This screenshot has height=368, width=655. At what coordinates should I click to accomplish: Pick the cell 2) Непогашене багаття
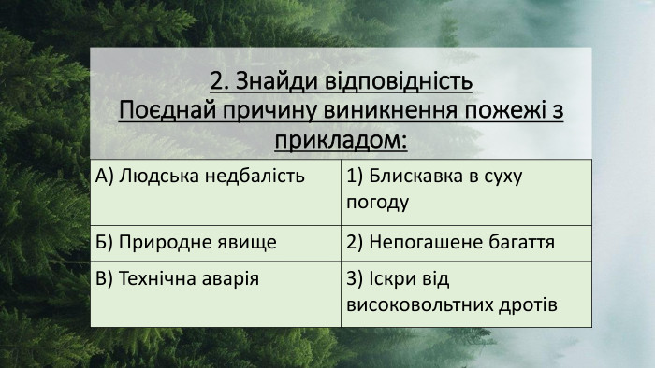click(450, 243)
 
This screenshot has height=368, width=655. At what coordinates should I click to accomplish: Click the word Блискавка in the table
click(410, 177)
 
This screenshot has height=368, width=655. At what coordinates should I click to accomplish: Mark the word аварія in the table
click(230, 279)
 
